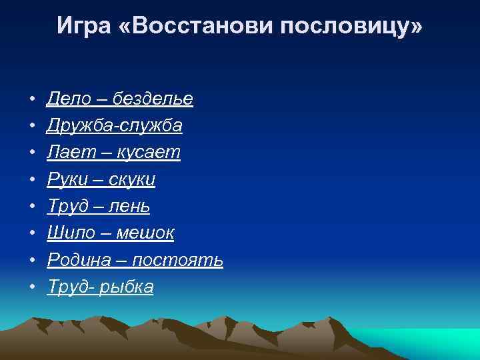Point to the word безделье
153,99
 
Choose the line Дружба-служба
115,126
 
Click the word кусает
148,153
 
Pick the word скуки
134,179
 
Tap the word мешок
145,233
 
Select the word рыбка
126,287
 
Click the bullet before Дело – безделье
32,99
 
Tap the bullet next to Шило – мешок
32,233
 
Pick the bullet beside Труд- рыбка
32,287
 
